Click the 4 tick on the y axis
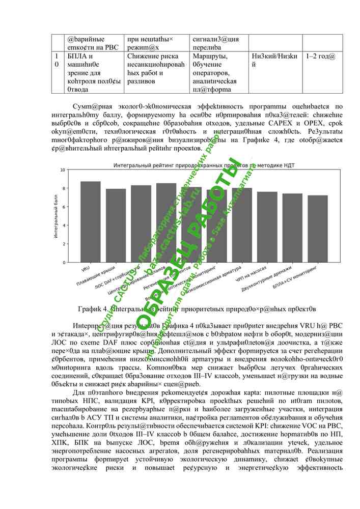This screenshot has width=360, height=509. tap(63, 225)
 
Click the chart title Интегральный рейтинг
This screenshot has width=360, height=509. tap(204, 165)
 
